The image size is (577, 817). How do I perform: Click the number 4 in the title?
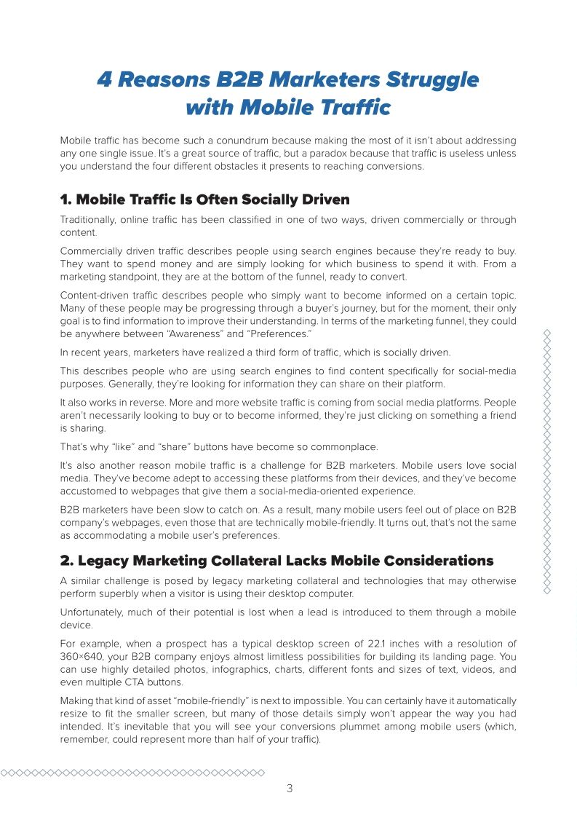point(105,79)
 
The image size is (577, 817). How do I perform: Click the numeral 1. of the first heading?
point(65,199)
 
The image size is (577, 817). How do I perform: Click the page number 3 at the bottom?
point(289,788)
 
